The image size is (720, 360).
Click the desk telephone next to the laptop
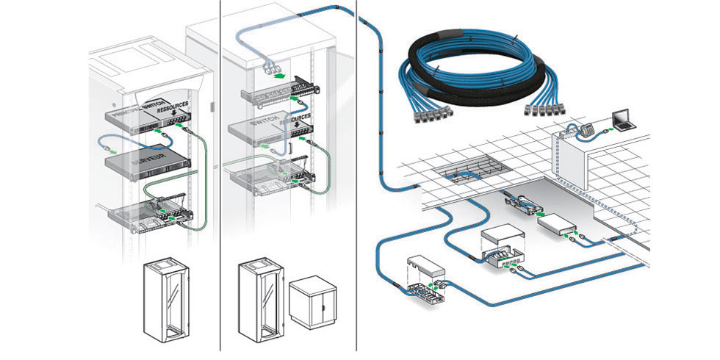coord(586,127)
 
